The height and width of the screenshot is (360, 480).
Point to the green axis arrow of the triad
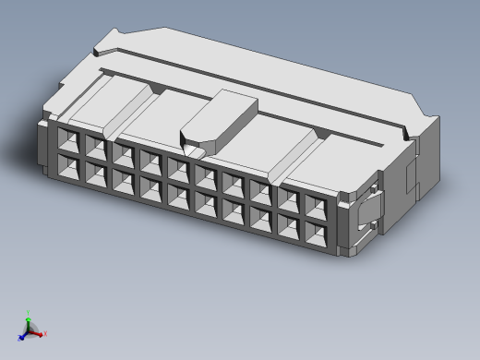pyautogui.click(x=29, y=316)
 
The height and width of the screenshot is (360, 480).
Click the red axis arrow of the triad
pyautogui.click(x=42, y=333)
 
